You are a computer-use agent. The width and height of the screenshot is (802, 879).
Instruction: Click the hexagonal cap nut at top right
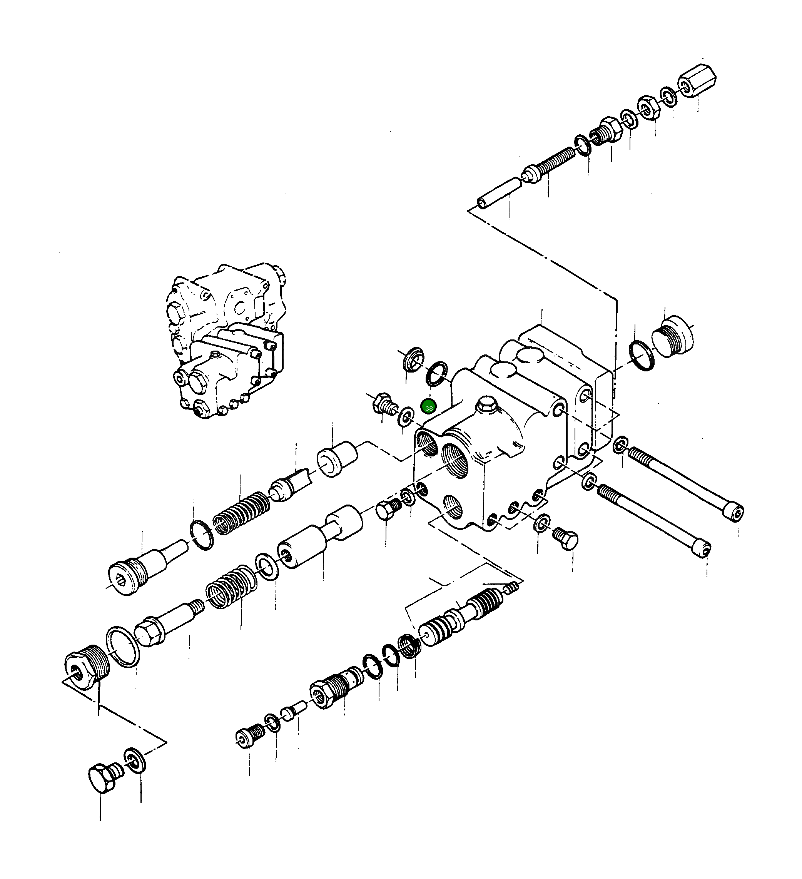coord(697,81)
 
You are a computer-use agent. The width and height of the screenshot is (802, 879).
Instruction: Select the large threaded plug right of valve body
coord(672,337)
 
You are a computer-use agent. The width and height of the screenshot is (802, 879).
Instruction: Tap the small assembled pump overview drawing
coord(227,340)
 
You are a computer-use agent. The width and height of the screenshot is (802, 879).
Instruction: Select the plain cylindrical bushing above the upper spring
coord(337,459)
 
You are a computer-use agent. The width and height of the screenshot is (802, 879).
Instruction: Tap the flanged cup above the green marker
coord(412,359)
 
